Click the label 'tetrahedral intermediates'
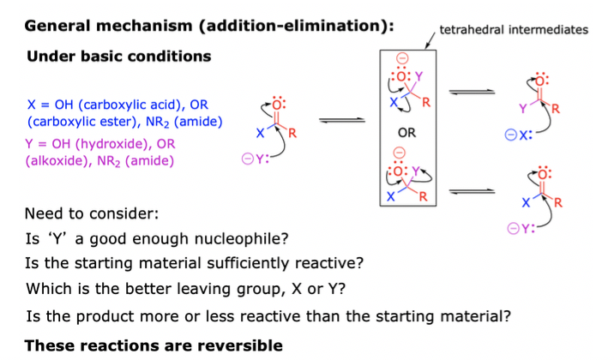[x=513, y=30]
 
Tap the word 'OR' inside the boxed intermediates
[x=407, y=134]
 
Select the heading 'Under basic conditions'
[x=119, y=57]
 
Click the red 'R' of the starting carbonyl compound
[x=292, y=133]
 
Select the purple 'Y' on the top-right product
[x=521, y=108]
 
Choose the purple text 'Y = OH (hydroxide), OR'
[x=102, y=143]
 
